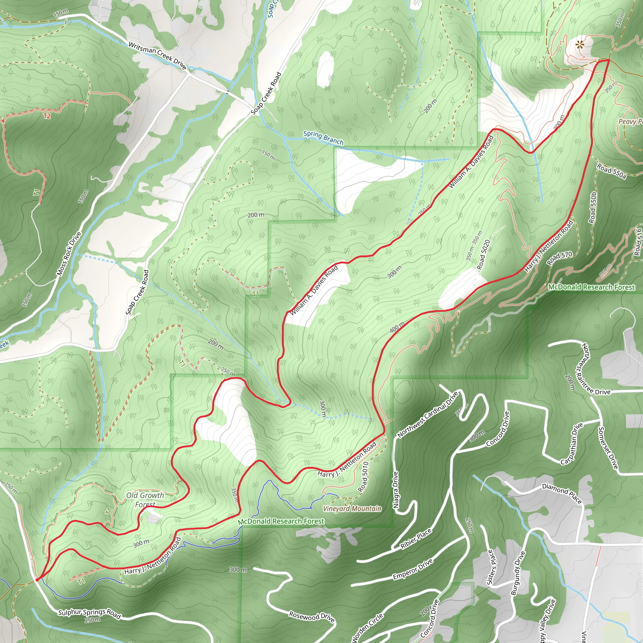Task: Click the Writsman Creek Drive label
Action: (x=157, y=55)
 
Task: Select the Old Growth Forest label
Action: (x=145, y=500)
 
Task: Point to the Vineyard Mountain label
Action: (x=352, y=509)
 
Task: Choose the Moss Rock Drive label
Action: (x=69, y=254)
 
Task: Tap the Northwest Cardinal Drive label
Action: (x=428, y=414)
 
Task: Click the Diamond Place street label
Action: (x=562, y=494)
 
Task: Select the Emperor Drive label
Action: (x=413, y=569)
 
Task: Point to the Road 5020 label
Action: (x=483, y=255)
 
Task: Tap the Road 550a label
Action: (x=611, y=171)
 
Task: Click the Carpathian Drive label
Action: (x=571, y=444)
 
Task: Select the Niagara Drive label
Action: (x=395, y=489)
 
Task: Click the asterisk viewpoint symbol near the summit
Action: (x=580, y=44)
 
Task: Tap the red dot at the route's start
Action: (x=37, y=580)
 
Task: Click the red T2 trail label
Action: (x=46, y=116)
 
